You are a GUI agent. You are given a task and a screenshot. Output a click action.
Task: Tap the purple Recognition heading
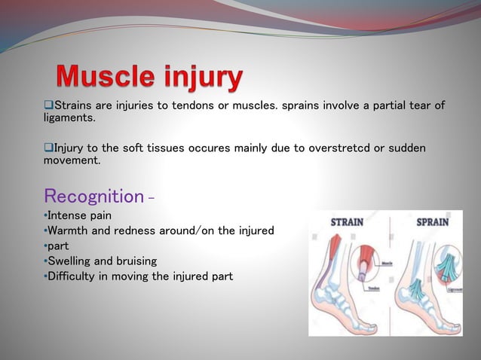click(x=93, y=197)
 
